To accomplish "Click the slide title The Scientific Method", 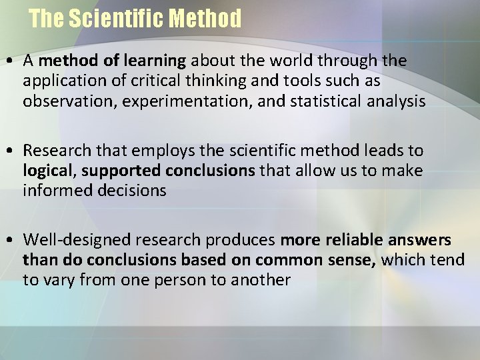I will click(x=135, y=19).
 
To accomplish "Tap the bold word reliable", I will click(x=348, y=240).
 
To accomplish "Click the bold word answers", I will click(x=421, y=240).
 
